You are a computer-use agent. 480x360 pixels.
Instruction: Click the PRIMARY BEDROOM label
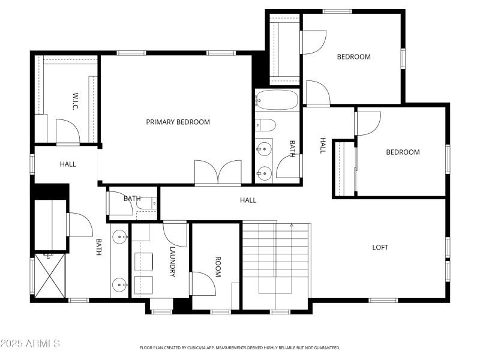coord(178,122)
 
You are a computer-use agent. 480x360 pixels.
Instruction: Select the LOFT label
coord(380,247)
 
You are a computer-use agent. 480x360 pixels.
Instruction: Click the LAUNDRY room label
coord(172,262)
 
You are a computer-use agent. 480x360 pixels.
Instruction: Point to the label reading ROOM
coord(218,266)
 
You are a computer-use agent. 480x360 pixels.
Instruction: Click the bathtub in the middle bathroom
coord(277,100)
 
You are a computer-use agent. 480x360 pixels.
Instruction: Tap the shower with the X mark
coord(50,275)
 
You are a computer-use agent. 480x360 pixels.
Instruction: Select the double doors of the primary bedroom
coord(218,173)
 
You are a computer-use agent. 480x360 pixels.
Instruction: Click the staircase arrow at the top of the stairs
coord(292,226)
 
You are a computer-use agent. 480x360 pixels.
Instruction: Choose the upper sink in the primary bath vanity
coord(120,236)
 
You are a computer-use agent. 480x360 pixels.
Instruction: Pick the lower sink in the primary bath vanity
coord(120,284)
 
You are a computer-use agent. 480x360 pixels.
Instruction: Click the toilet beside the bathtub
coord(266,125)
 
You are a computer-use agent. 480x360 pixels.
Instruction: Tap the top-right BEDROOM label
coord(353,57)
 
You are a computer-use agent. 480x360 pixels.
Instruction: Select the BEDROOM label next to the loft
coord(403,152)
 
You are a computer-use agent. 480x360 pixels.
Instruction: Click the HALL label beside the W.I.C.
coord(68,164)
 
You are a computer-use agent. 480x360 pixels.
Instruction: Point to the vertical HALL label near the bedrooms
coord(322,146)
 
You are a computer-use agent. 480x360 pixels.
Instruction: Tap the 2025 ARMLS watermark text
coord(30,344)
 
